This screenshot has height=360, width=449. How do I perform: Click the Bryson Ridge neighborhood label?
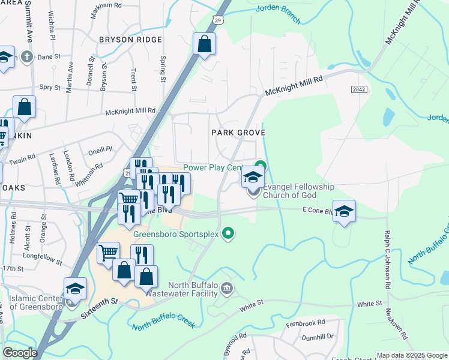pyautogui.click(x=130, y=40)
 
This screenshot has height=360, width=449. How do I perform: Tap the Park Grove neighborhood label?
pyautogui.click(x=237, y=131)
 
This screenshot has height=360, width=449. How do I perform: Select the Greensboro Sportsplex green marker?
pyautogui.click(x=228, y=233)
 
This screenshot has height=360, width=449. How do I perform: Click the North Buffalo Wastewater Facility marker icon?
pyautogui.click(x=227, y=289)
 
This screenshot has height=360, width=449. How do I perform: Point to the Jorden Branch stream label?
pyautogui.click(x=278, y=14)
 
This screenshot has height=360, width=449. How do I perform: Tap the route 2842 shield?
pyautogui.click(x=359, y=89)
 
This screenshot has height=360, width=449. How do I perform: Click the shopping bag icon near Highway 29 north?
pyautogui.click(x=204, y=44)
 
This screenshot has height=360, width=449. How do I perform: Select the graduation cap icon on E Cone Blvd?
pyautogui.click(x=344, y=211)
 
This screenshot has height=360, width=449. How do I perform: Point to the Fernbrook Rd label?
pyautogui.click(x=305, y=322)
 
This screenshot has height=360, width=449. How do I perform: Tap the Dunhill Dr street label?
pyautogui.click(x=318, y=338)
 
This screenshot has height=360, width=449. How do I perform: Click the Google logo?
pyautogui.click(x=20, y=353)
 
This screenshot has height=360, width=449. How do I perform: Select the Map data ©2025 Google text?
pyautogui.click(x=411, y=355)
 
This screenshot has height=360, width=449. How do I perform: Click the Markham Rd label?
pyautogui.click(x=108, y=5)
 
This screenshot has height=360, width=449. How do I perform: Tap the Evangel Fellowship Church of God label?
pyautogui.click(x=298, y=191)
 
